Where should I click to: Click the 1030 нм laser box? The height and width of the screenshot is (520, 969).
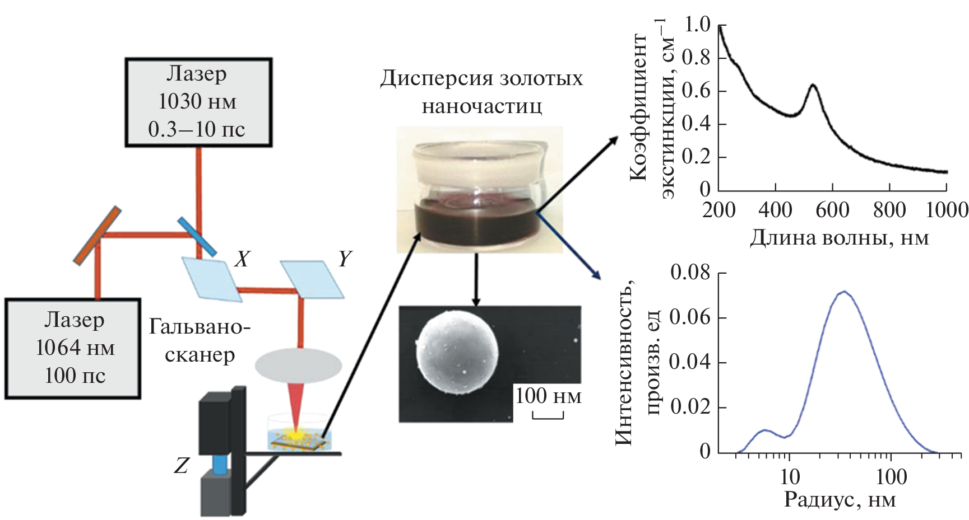pos(198,102)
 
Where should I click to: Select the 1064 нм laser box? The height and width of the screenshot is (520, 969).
pos(73,348)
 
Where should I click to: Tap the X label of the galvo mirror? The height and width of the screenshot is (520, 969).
pos(242,259)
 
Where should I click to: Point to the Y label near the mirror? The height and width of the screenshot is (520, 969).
pos(345,259)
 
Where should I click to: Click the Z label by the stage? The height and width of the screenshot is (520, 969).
pos(181,466)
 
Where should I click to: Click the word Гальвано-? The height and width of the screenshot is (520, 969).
pos(200,326)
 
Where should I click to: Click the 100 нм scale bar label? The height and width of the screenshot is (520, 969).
pos(548,396)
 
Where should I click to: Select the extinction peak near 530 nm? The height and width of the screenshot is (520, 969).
pos(813,86)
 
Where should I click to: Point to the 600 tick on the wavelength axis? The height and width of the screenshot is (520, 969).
pos(832,210)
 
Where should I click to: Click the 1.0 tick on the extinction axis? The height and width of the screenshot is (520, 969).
pos(697,25)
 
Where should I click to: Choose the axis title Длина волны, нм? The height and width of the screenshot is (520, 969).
pos(839,238)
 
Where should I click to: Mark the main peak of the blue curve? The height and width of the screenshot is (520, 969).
pos(843,292)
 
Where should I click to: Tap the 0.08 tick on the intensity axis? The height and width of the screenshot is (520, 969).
pos(689,273)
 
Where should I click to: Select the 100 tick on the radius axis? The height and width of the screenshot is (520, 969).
pos(891,477)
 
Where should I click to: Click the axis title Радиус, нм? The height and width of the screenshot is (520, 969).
pos(839,500)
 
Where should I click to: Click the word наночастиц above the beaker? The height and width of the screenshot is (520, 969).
pos(481,106)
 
